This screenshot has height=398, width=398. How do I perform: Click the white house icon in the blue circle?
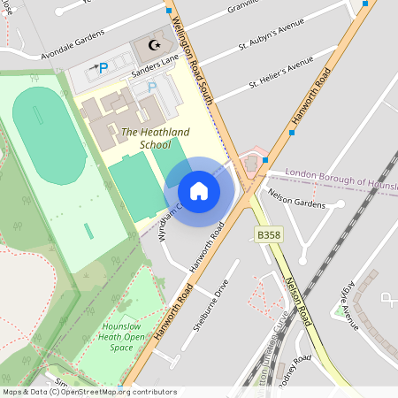(199, 191)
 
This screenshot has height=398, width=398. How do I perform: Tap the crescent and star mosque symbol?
(156, 43)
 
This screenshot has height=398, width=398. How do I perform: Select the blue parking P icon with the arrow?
(102, 67)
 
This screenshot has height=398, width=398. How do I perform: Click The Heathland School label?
(155, 132)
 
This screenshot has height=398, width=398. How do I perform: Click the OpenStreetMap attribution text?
(88, 392)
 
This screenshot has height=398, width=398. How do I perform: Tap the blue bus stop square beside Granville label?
(169, 11)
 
